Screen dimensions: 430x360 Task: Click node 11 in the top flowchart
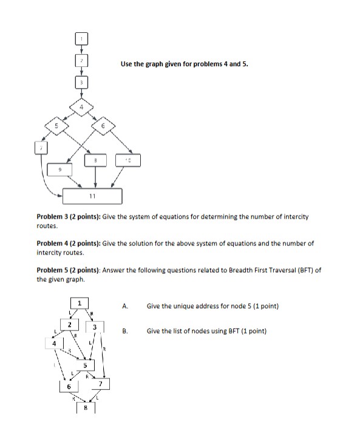[93, 196]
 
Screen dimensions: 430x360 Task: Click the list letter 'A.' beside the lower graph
[125, 306]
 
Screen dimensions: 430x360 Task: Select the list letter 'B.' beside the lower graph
[125, 332]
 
